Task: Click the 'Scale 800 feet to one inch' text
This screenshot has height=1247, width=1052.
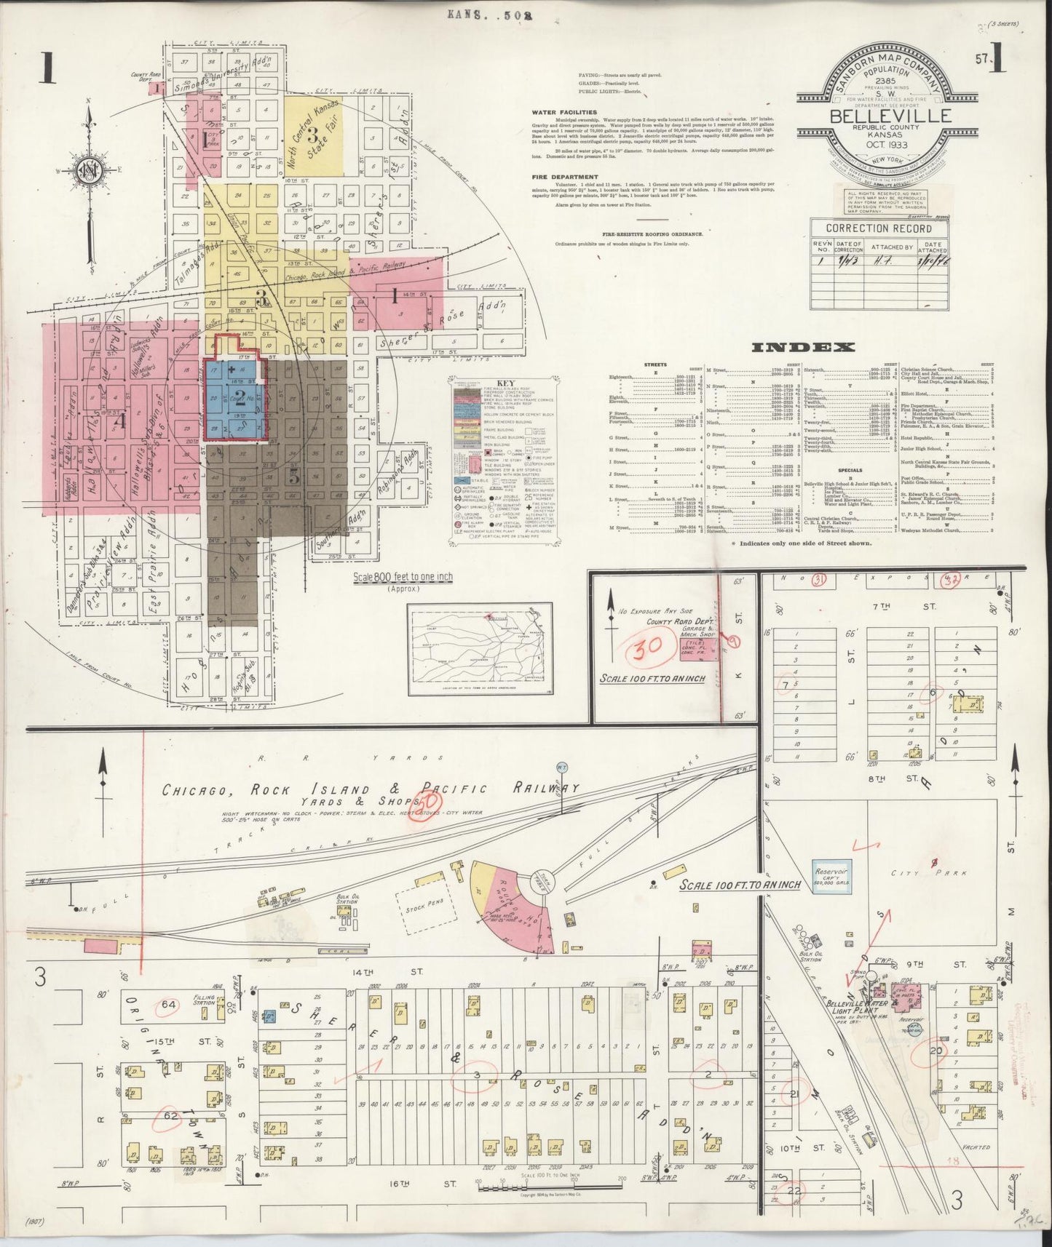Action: (x=403, y=576)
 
